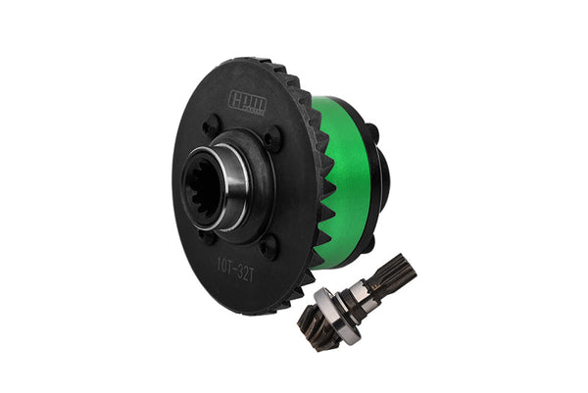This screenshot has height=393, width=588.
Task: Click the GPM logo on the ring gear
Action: (x=248, y=99)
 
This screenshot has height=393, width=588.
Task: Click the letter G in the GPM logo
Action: (x=235, y=98)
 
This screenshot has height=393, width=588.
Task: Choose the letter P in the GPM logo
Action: (x=246, y=99)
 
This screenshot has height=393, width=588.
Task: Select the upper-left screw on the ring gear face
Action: (x=211, y=126)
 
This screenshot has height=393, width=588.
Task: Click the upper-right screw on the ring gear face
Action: (x=271, y=138)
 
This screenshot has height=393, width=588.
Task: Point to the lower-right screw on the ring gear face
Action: (x=267, y=247)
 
